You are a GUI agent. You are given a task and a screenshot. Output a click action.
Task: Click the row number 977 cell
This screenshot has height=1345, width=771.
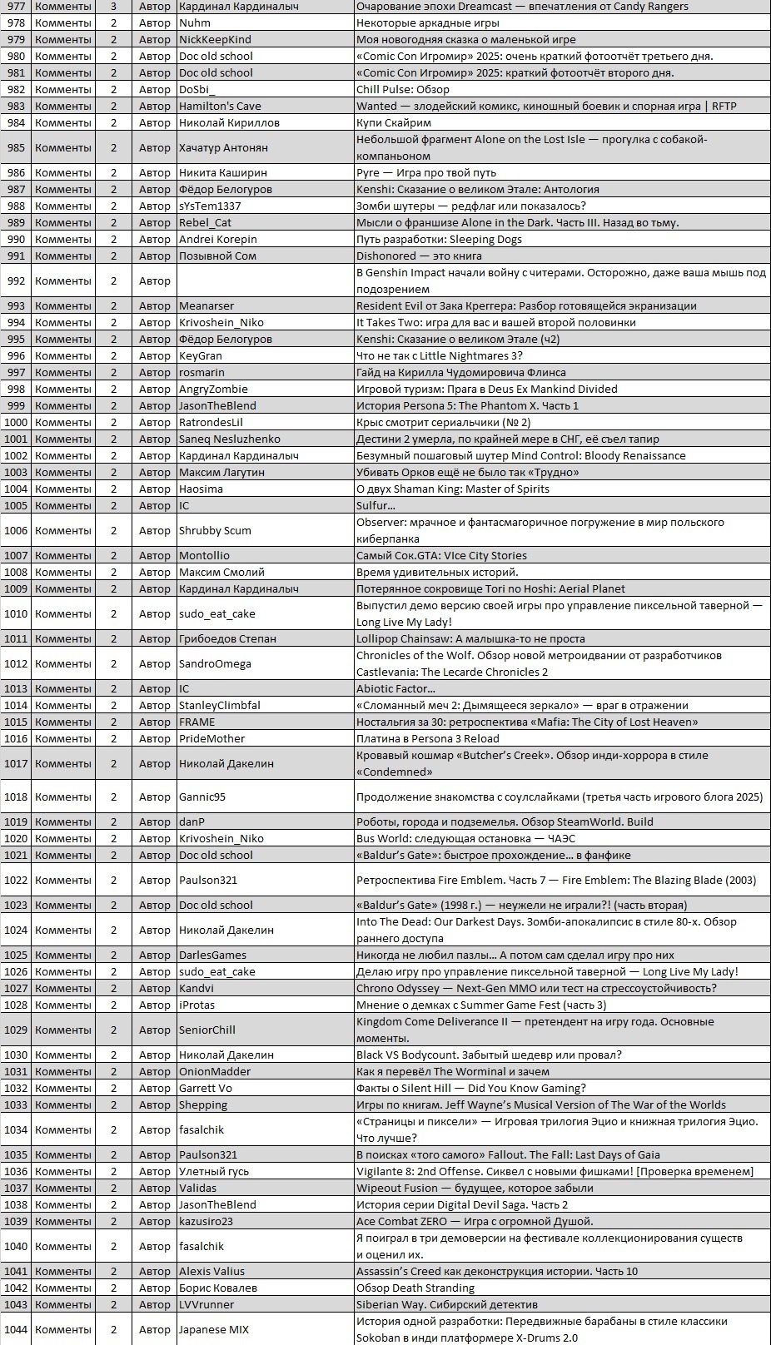click(16, 7)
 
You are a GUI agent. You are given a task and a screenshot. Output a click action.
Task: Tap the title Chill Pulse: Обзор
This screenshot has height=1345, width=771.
click(403, 89)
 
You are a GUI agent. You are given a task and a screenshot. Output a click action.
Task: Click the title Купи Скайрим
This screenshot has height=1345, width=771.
click(394, 122)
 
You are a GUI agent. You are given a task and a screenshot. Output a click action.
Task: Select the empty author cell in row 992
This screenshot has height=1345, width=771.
click(265, 280)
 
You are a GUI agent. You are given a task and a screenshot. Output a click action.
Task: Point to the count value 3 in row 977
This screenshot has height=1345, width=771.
click(114, 7)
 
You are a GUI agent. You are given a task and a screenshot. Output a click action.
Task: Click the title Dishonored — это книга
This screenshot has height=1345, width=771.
click(419, 256)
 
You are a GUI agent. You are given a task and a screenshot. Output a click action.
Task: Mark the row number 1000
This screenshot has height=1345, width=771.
click(16, 422)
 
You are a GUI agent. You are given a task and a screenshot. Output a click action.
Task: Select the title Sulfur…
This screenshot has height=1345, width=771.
click(376, 505)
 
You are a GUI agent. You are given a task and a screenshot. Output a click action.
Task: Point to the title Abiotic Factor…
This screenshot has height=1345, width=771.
click(395, 688)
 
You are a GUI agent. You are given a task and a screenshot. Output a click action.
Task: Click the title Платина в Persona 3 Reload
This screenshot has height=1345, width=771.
click(428, 738)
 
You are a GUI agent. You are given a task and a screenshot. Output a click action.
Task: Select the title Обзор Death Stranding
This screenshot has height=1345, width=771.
click(415, 1288)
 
